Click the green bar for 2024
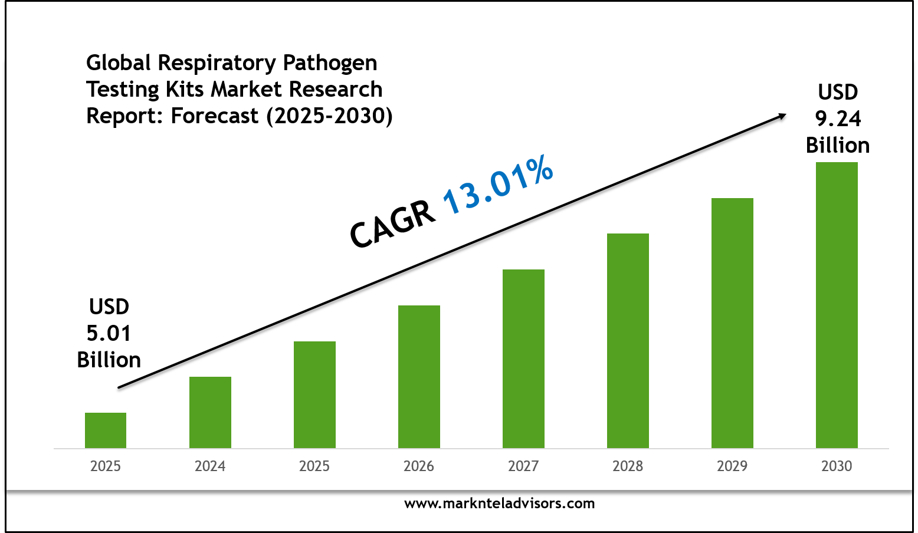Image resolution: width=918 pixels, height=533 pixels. coord(210,412)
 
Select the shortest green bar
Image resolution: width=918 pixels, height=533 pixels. coord(106,430)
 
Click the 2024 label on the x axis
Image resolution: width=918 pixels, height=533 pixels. coord(210,466)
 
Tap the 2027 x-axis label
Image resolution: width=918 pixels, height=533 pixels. coord(523,466)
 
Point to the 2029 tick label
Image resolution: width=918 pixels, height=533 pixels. coord(732,466)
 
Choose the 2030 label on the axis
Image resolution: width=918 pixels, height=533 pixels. coord(837,466)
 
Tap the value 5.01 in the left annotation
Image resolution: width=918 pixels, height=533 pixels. coord(109,333)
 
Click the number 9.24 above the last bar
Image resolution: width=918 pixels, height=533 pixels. coord(838,119)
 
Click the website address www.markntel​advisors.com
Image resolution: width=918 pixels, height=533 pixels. coord(499,504)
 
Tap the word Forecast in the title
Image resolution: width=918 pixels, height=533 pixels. coord(215,116)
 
